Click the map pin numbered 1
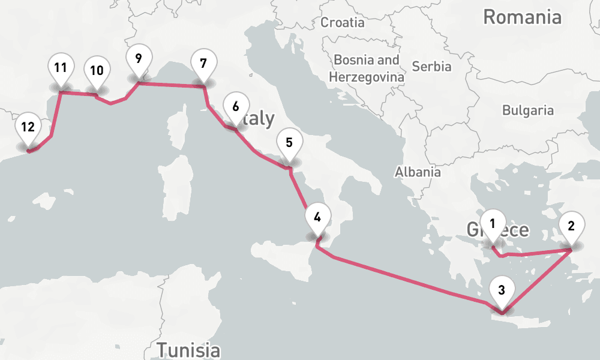pyautogui.click(x=493, y=225)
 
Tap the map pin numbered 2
pyautogui.click(x=571, y=227)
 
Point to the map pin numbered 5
pyautogui.click(x=289, y=144)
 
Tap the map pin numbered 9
pyautogui.click(x=139, y=60)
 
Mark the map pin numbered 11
pyautogui.click(x=60, y=68)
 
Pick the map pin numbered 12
pyautogui.click(x=28, y=128)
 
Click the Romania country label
pyautogui.click(x=522, y=17)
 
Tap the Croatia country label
pyautogui.click(x=343, y=23)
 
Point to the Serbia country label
pyautogui.click(x=431, y=66)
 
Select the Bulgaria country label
pyautogui.click(x=528, y=110)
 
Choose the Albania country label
pyautogui.click(x=418, y=172)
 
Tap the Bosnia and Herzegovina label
pyautogui.click(x=366, y=68)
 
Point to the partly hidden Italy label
pyautogui.click(x=261, y=118)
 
